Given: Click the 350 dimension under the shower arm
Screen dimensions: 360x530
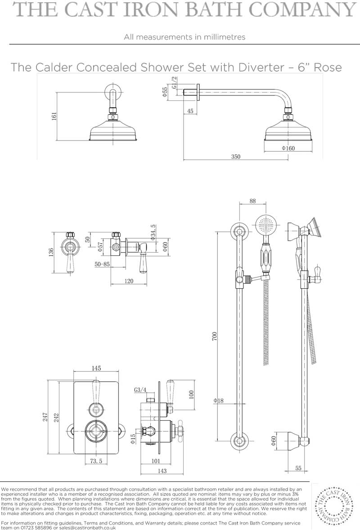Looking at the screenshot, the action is (x=236, y=157).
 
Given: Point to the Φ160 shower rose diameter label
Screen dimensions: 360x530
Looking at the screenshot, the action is (x=288, y=148).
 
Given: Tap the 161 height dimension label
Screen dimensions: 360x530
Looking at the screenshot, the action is (x=54, y=116).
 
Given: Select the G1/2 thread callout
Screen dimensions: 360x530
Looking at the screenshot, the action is (x=174, y=82).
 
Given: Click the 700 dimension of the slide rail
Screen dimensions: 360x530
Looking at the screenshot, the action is (x=214, y=336).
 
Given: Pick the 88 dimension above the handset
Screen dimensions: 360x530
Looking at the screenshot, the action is (x=252, y=201).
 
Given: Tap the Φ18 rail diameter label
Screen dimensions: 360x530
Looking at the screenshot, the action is (x=219, y=401).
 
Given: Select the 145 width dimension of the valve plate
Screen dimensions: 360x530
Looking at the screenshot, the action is (x=96, y=368).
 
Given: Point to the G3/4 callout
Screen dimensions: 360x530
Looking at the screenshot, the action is (x=140, y=390).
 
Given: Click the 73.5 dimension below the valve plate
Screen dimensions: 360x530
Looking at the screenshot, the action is (x=96, y=461).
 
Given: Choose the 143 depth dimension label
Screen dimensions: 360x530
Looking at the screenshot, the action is (x=162, y=471).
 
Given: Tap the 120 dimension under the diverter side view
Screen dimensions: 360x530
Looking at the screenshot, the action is (x=129, y=281).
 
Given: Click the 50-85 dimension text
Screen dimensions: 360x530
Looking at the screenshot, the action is (x=102, y=264).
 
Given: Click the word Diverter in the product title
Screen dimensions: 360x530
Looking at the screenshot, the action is (x=261, y=67).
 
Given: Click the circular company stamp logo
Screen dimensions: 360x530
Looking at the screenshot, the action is (x=334, y=506).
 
